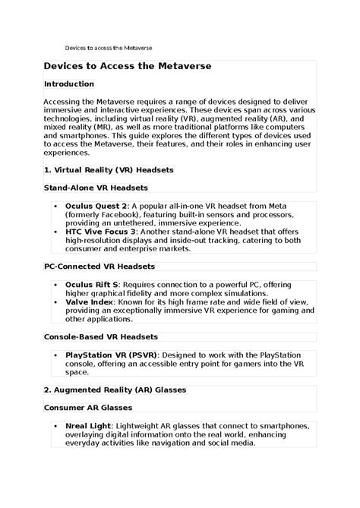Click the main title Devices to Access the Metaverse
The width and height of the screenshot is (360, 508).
pyautogui.click(x=127, y=67)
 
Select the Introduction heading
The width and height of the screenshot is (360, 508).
pyautogui.click(x=69, y=84)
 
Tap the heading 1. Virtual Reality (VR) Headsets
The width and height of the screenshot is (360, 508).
pyautogui.click(x=109, y=171)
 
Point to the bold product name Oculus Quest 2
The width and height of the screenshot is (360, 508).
pyautogui.click(x=96, y=205)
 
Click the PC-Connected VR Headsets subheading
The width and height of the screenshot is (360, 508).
pyautogui.click(x=99, y=267)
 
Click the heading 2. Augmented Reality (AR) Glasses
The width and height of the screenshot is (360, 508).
pyautogui.click(x=115, y=390)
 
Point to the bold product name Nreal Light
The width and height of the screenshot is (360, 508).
pyautogui.click(x=88, y=425)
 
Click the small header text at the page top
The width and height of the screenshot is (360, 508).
pyautogui.click(x=108, y=46)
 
